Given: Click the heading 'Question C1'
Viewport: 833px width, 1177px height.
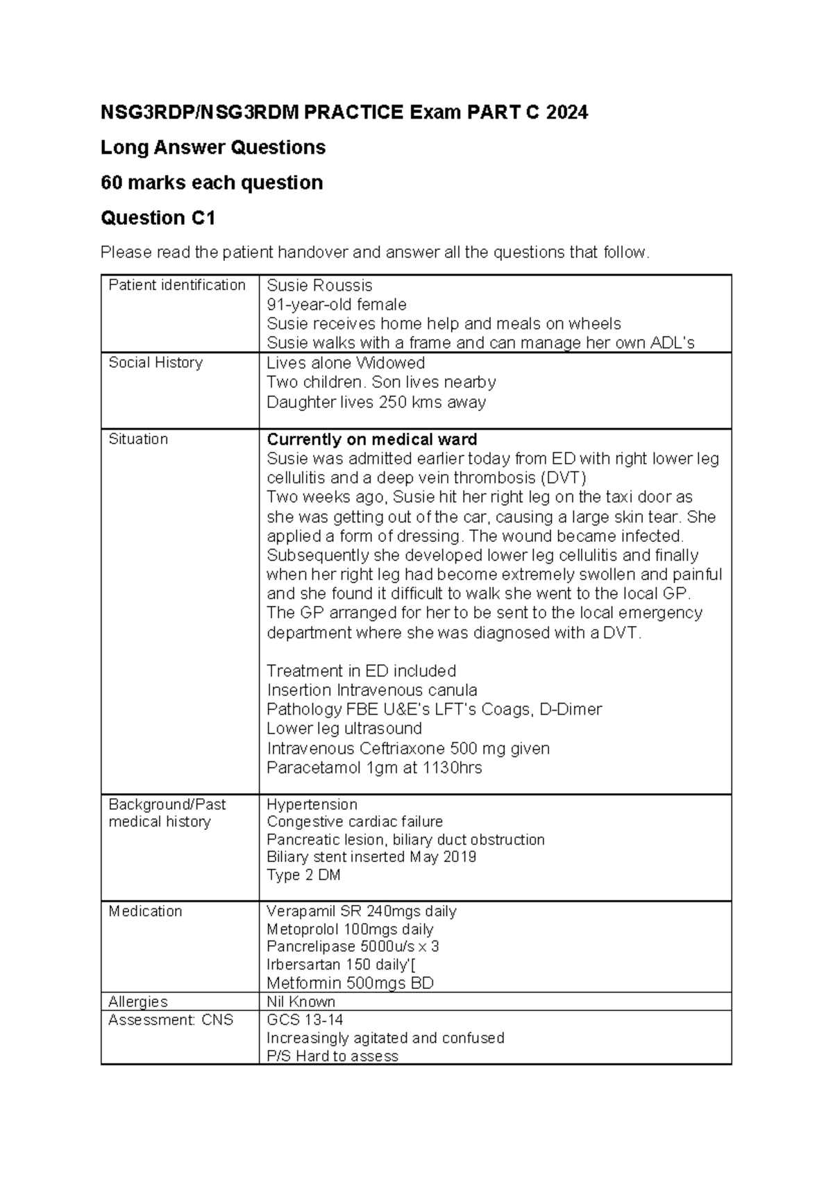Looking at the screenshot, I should [158, 218].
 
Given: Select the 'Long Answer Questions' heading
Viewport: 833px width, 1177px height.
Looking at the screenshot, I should [213, 147].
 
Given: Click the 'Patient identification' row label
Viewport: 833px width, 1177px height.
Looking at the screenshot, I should [177, 285].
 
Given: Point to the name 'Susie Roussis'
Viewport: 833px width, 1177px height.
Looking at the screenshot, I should [319, 285].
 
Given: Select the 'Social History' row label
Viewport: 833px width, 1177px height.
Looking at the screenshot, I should [155, 362].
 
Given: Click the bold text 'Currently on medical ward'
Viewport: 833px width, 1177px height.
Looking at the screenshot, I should [371, 439].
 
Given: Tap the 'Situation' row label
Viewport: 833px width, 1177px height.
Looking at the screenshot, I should [138, 439].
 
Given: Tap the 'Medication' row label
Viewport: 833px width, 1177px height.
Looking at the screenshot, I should [145, 911].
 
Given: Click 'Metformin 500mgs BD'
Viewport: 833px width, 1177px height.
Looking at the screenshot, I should [350, 983].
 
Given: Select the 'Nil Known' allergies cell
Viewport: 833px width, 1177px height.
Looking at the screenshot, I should [301, 1001].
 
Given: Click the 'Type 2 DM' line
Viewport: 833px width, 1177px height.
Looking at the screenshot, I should [303, 875].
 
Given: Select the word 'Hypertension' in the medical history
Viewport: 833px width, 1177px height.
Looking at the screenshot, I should [312, 804].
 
